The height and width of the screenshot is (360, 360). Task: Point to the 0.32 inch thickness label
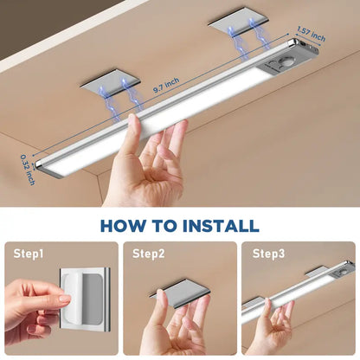[27, 169]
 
